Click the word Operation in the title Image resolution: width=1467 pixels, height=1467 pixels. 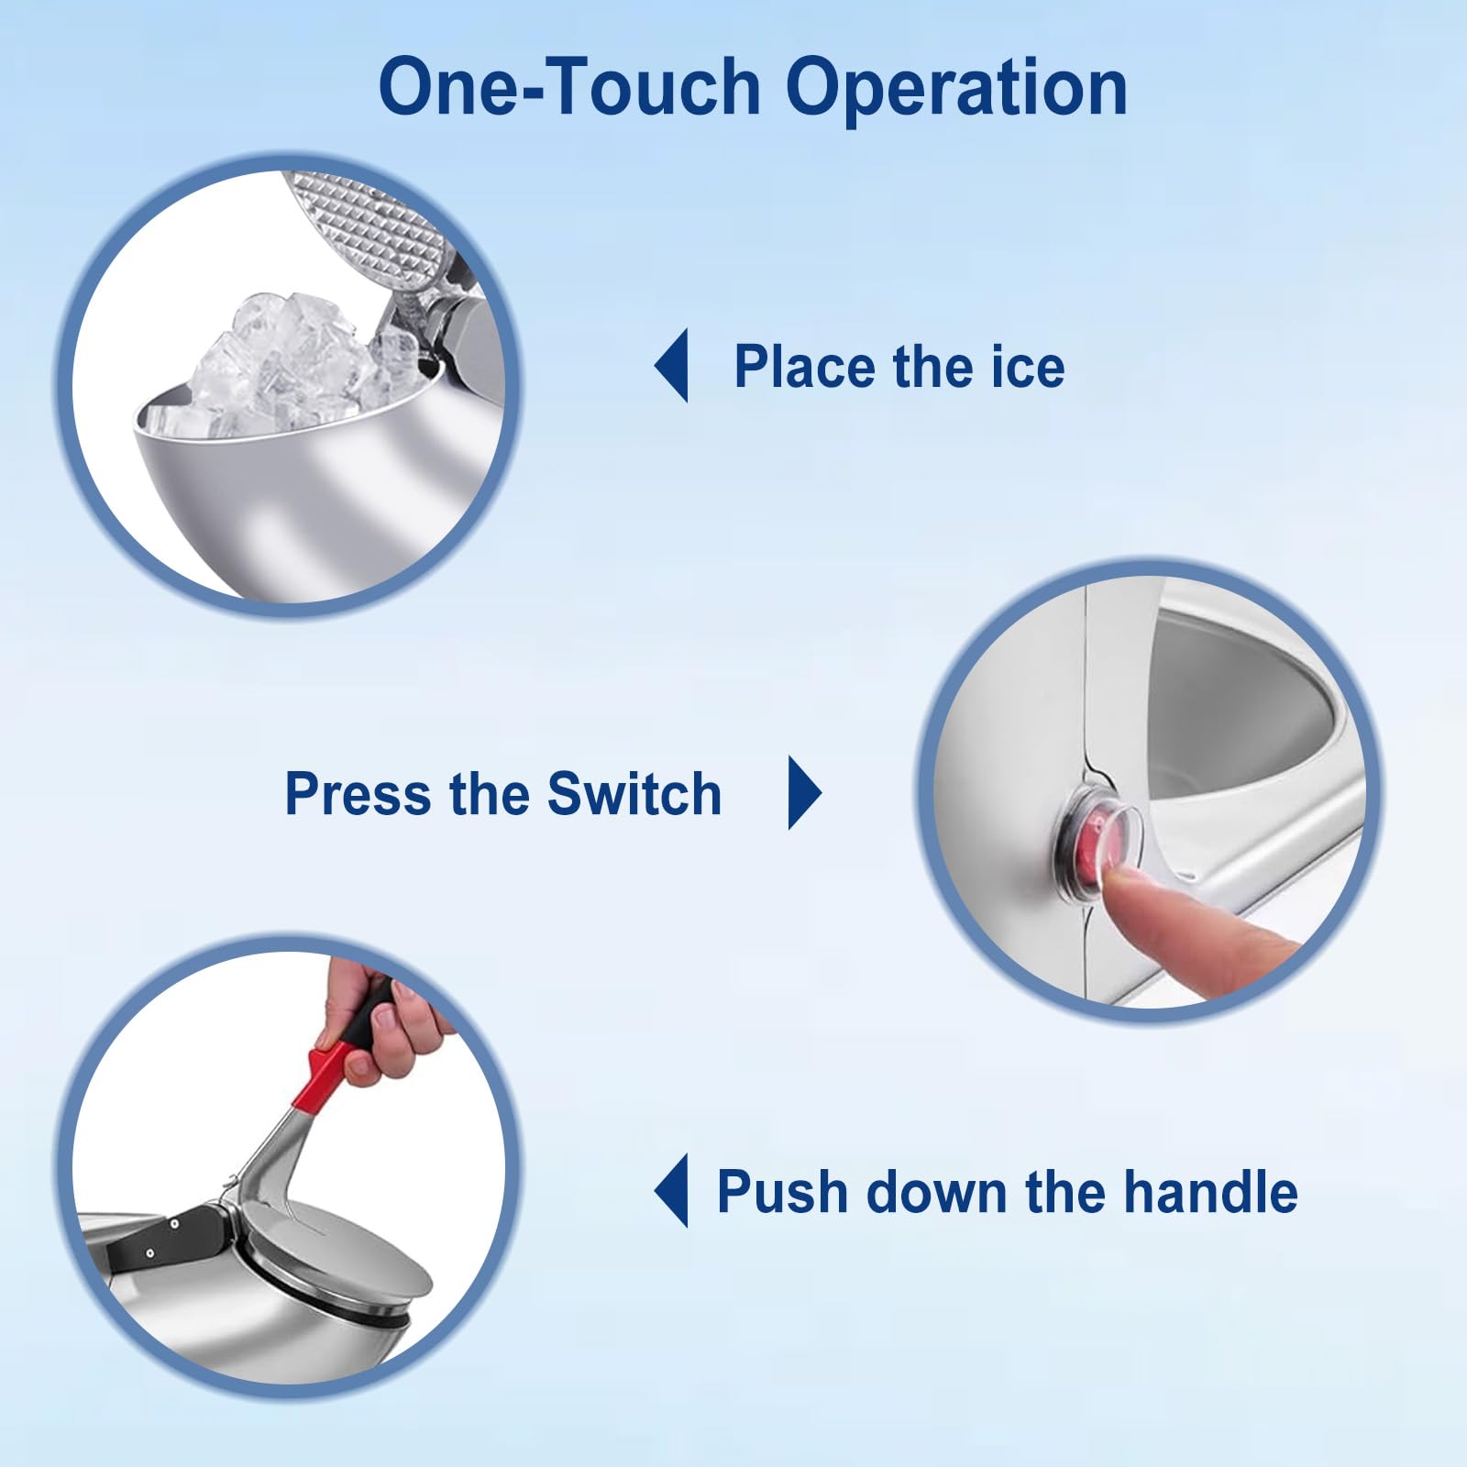956,89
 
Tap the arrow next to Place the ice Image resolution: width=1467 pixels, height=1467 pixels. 671,366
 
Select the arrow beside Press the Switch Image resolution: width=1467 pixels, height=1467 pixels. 805,793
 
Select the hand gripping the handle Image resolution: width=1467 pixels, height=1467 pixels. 381,1018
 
